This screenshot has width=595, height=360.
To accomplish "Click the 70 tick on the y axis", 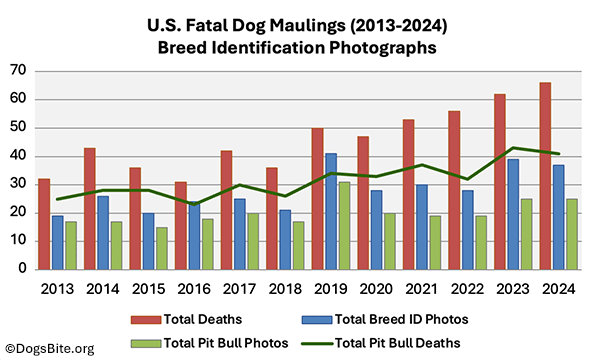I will (x=18, y=70).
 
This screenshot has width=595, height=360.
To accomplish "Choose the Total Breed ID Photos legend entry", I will (x=405, y=318).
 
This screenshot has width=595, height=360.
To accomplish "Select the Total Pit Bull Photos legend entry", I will (x=210, y=343).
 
